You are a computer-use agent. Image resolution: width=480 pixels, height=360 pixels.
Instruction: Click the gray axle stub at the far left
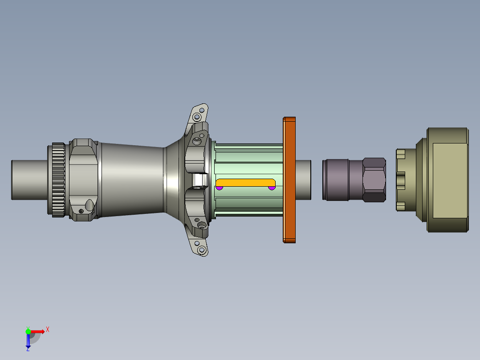(29, 180)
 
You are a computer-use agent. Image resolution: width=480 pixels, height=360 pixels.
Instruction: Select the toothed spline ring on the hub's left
(58, 180)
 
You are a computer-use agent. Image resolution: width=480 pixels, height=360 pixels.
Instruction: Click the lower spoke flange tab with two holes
(199, 246)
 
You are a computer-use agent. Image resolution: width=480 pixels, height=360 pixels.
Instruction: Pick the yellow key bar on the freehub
(245, 182)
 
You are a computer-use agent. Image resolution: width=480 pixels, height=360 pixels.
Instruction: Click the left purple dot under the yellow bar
(219, 188)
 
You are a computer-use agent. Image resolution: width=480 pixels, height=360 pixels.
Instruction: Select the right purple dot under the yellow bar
(272, 188)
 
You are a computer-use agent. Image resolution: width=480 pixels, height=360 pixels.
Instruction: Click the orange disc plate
(289, 180)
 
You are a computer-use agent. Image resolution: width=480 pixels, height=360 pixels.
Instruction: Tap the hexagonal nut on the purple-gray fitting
(374, 180)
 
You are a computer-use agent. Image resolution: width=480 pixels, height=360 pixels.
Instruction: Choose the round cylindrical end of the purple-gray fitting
(336, 180)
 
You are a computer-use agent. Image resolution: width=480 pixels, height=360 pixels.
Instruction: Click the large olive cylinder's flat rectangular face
(450, 180)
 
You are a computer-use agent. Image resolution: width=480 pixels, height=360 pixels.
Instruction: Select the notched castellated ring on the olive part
(401, 180)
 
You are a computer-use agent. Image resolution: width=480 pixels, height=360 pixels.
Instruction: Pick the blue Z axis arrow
(28, 341)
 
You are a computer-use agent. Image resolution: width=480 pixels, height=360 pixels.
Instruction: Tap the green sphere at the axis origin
(28, 331)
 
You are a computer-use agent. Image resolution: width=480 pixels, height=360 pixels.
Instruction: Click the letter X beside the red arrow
(48, 330)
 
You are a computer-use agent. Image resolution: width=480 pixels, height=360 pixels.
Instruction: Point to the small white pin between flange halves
(200, 180)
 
